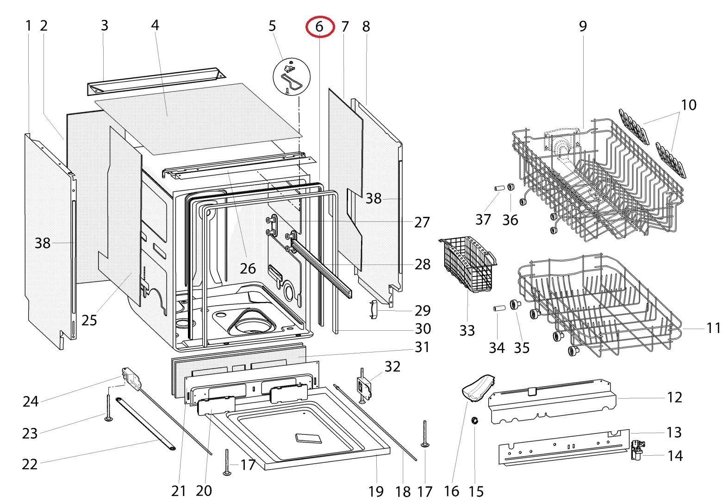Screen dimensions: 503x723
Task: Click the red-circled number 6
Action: coord(319,27)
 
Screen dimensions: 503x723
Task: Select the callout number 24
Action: coord(31,401)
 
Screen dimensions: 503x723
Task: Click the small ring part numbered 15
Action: coord(475,420)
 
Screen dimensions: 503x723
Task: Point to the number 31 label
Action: coord(422,347)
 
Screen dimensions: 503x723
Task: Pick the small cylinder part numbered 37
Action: coord(498,189)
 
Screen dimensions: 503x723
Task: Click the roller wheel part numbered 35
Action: coord(514,304)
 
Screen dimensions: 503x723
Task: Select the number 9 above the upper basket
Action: coord(583,26)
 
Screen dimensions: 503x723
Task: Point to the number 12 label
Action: coord(674,397)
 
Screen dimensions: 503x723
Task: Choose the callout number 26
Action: coord(248,268)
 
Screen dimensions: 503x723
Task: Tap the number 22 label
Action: coord(30,464)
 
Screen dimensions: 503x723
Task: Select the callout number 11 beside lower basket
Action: coord(713,328)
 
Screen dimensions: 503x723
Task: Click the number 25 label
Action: coord(89,320)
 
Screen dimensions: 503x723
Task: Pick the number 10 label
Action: coord(688,105)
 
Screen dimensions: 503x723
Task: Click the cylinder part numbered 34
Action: coord(498,308)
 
